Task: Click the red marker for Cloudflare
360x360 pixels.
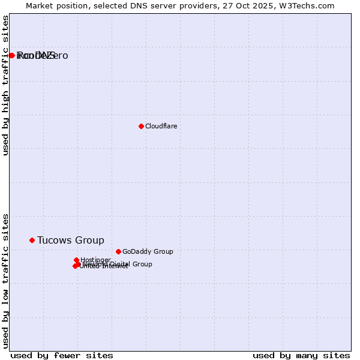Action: tap(141, 126)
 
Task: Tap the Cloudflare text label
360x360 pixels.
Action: tap(161, 126)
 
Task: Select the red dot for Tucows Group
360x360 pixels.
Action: tap(32, 240)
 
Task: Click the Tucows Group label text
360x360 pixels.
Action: tap(70, 240)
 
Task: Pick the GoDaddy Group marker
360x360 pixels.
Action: tap(118, 251)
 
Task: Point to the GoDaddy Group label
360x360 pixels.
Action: tap(147, 251)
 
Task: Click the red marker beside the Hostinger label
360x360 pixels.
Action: tap(76, 260)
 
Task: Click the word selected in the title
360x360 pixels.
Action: tap(117, 5)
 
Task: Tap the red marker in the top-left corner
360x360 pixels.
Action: tap(11, 55)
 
